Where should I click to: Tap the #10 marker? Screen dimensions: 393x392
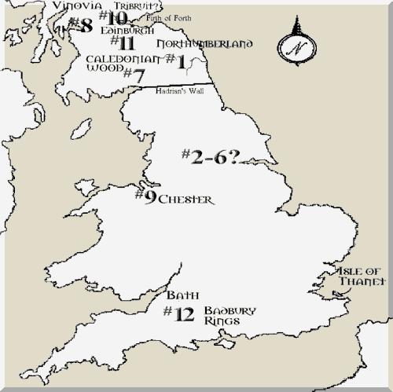115,17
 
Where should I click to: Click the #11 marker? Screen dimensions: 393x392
123,42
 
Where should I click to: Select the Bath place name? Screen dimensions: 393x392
179,297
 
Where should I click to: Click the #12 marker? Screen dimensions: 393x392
178,314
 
